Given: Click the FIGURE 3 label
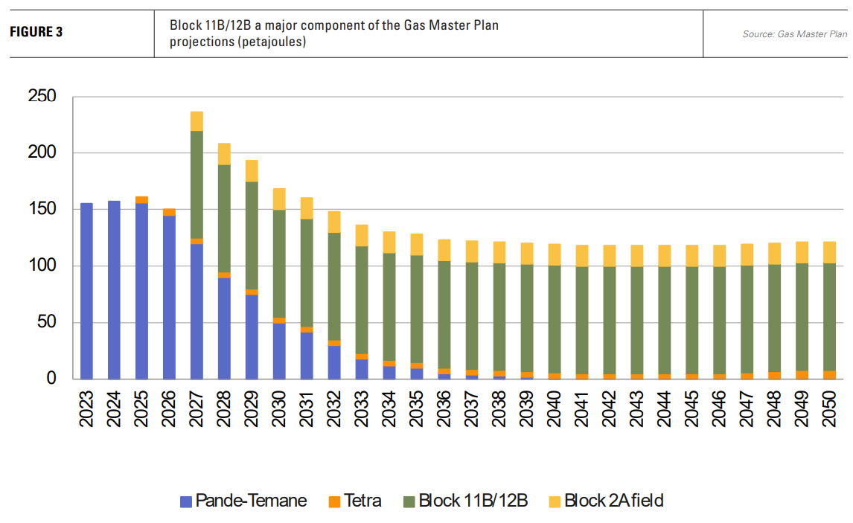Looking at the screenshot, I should click(x=36, y=33).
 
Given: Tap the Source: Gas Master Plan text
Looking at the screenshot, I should click(x=794, y=34).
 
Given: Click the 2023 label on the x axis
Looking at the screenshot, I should click(x=87, y=408).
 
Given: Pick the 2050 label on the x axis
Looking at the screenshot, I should click(x=830, y=408).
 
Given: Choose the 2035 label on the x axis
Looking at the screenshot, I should click(x=417, y=408).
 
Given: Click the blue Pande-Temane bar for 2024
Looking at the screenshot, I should click(x=114, y=290).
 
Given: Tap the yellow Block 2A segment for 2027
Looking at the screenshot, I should click(x=197, y=121).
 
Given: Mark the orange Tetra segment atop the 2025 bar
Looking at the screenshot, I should click(x=141, y=199).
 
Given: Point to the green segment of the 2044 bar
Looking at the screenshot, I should click(x=665, y=320).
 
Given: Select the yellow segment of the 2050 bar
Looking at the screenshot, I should click(x=830, y=252).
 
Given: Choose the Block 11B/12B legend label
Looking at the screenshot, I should click(x=473, y=501).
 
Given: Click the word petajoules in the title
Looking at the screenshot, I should click(x=275, y=42).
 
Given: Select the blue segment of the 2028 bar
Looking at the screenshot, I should click(x=224, y=328).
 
